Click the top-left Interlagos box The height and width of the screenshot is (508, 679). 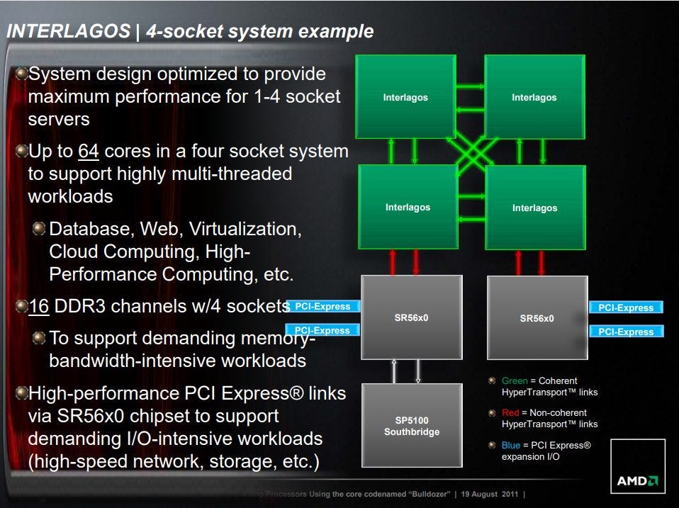coord(405,96)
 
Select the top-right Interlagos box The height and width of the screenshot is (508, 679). coord(534,96)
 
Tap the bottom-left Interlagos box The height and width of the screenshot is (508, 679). coord(408,206)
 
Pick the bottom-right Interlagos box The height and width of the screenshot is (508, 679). coord(534,207)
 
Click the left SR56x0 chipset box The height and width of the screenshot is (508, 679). coord(411,317)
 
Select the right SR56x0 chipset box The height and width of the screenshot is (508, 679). coord(537,317)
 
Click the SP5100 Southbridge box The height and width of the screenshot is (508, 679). coord(411,426)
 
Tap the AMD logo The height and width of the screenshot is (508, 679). coord(637,481)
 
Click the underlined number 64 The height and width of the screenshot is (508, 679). coord(89,152)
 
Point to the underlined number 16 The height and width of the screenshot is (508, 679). coord(39,307)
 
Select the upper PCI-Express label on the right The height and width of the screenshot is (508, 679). coord(626,307)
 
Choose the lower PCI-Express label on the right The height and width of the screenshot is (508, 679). coord(626,332)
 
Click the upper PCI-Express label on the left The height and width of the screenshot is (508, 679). coord(322,307)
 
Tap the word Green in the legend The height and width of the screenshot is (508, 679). coord(515,380)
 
